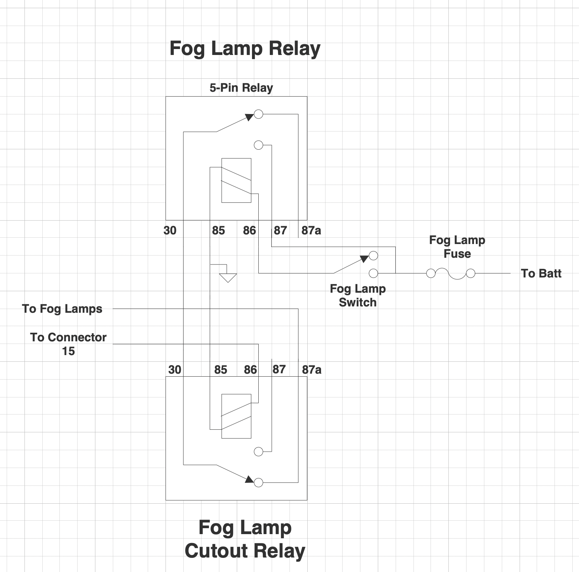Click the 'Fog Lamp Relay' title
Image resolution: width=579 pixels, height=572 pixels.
(245, 49)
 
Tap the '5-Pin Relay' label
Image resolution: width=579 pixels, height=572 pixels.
(241, 88)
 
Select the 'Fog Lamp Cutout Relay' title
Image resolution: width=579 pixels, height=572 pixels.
(245, 539)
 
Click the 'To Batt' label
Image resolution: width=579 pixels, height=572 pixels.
(541, 274)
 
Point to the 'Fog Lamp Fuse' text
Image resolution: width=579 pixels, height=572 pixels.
(457, 247)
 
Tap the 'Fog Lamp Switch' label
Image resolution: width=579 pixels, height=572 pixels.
(357, 296)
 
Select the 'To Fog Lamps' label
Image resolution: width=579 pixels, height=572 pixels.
(62, 309)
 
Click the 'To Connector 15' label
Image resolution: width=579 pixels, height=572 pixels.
(68, 344)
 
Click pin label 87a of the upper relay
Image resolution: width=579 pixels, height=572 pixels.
(311, 231)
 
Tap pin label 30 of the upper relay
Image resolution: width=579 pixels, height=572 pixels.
(170, 231)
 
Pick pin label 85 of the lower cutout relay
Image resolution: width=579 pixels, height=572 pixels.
(220, 370)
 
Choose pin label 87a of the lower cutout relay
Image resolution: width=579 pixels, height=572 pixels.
(311, 370)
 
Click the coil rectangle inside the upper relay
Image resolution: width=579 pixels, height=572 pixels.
(236, 181)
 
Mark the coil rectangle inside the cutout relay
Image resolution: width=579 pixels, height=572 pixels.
(236, 416)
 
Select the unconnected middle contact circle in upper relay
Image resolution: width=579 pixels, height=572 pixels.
(258, 145)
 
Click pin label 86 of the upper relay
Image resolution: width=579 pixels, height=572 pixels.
(249, 231)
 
